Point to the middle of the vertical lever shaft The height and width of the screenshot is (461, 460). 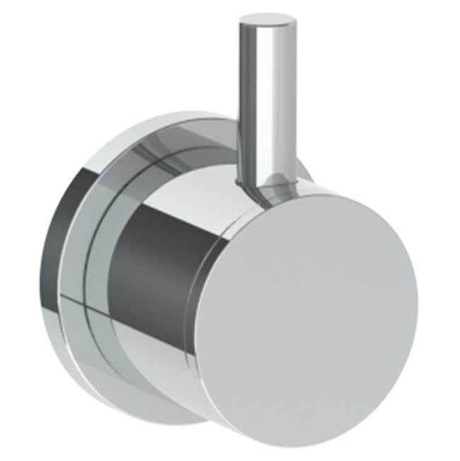(265, 106)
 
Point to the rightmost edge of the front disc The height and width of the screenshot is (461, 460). (417, 297)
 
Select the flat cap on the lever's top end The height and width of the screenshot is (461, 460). (266, 18)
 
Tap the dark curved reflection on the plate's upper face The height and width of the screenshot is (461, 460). (170, 145)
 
